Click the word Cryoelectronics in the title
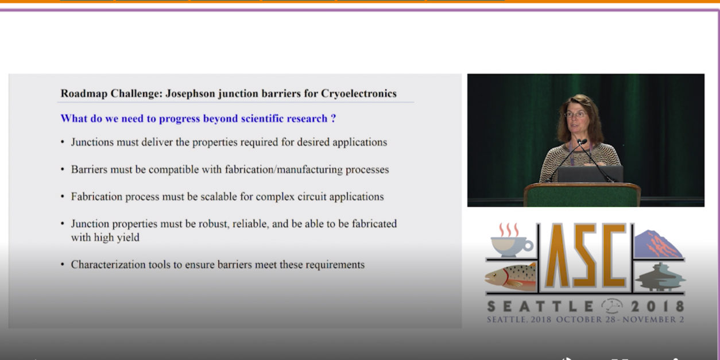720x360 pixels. (359, 94)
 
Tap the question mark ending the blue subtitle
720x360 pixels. (334, 118)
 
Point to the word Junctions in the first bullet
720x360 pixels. (92, 142)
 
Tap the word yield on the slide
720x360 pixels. (128, 238)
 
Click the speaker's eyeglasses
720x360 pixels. (575, 114)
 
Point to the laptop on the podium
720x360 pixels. (590, 174)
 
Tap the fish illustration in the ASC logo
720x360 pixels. (511, 276)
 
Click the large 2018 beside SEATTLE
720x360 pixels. (657, 307)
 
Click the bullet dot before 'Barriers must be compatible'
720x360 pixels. (63, 169)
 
